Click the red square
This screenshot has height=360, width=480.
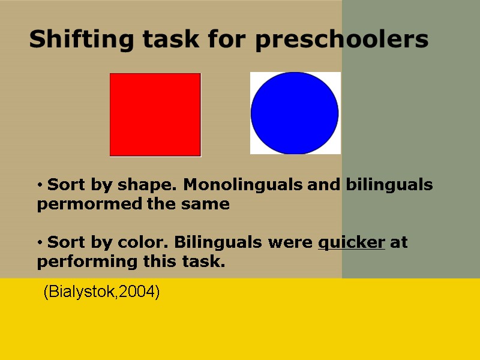155,115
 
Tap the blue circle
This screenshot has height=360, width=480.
295,113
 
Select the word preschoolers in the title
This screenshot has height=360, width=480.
341,40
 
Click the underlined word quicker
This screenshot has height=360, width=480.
351,242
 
